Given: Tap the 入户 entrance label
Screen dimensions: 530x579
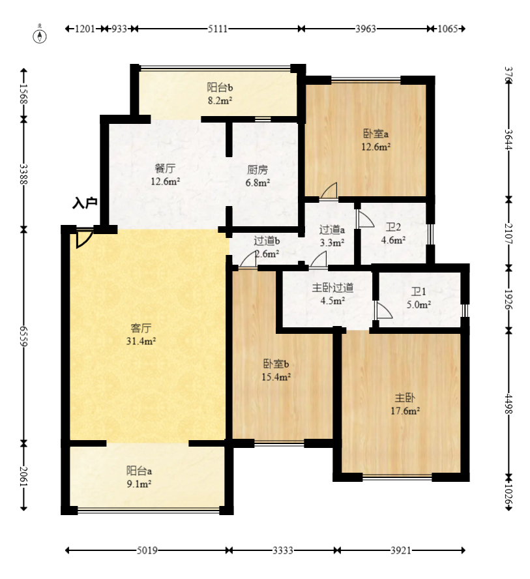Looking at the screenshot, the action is [x=85, y=203].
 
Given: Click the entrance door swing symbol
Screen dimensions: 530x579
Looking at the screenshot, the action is [x=84, y=239].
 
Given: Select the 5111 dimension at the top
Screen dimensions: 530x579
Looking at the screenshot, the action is [x=218, y=29].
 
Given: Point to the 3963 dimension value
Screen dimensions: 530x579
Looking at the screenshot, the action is [x=365, y=29].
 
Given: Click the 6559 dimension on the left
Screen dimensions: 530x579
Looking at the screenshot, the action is [x=23, y=336].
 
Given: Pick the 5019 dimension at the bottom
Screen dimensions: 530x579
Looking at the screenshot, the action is [x=147, y=550].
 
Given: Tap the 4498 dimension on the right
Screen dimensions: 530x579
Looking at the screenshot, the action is [x=509, y=404].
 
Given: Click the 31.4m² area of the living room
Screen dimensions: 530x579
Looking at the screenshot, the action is [x=141, y=341].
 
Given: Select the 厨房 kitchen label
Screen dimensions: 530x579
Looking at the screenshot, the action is [x=258, y=170].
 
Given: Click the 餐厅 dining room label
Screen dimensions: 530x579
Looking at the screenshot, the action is [x=165, y=168].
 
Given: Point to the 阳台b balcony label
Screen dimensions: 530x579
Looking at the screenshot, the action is [x=220, y=87].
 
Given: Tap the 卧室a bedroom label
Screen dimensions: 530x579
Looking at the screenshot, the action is [x=375, y=133].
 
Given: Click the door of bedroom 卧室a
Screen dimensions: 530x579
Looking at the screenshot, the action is [x=329, y=190].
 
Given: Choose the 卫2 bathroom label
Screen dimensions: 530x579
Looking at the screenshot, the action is [x=393, y=227].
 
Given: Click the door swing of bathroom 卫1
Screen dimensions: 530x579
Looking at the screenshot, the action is [x=384, y=310].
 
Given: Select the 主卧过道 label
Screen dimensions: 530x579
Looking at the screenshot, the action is [x=332, y=288].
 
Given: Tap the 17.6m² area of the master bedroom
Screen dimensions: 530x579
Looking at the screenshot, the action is [x=405, y=411].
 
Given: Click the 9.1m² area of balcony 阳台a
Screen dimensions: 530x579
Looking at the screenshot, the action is [x=139, y=484].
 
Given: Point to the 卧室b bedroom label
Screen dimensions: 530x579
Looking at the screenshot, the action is [x=276, y=364].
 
